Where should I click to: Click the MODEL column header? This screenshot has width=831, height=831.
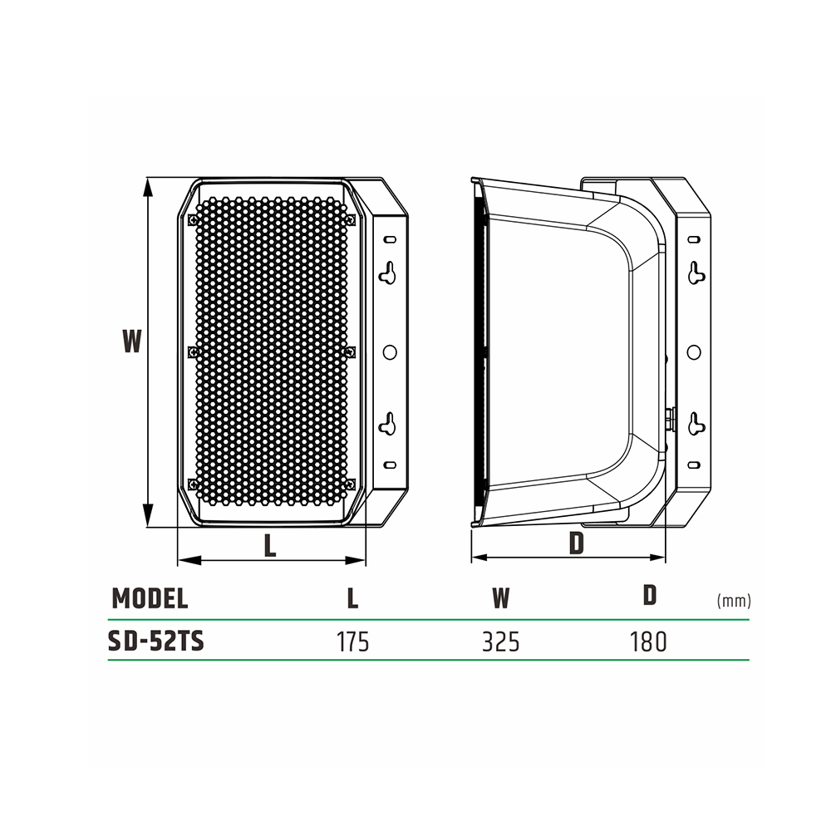point(150,598)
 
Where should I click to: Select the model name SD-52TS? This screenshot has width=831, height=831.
point(156,642)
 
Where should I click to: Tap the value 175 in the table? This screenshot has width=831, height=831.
point(353,642)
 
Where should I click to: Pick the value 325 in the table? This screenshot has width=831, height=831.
point(501,642)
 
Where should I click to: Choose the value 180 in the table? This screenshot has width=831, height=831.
point(648,642)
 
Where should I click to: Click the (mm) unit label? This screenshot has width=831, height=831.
point(734,601)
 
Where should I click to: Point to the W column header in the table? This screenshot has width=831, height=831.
point(501,598)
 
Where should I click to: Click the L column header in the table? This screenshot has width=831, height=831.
point(353,598)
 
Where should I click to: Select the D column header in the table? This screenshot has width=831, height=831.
point(650,595)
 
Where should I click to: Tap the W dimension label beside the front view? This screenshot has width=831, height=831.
point(132,341)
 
